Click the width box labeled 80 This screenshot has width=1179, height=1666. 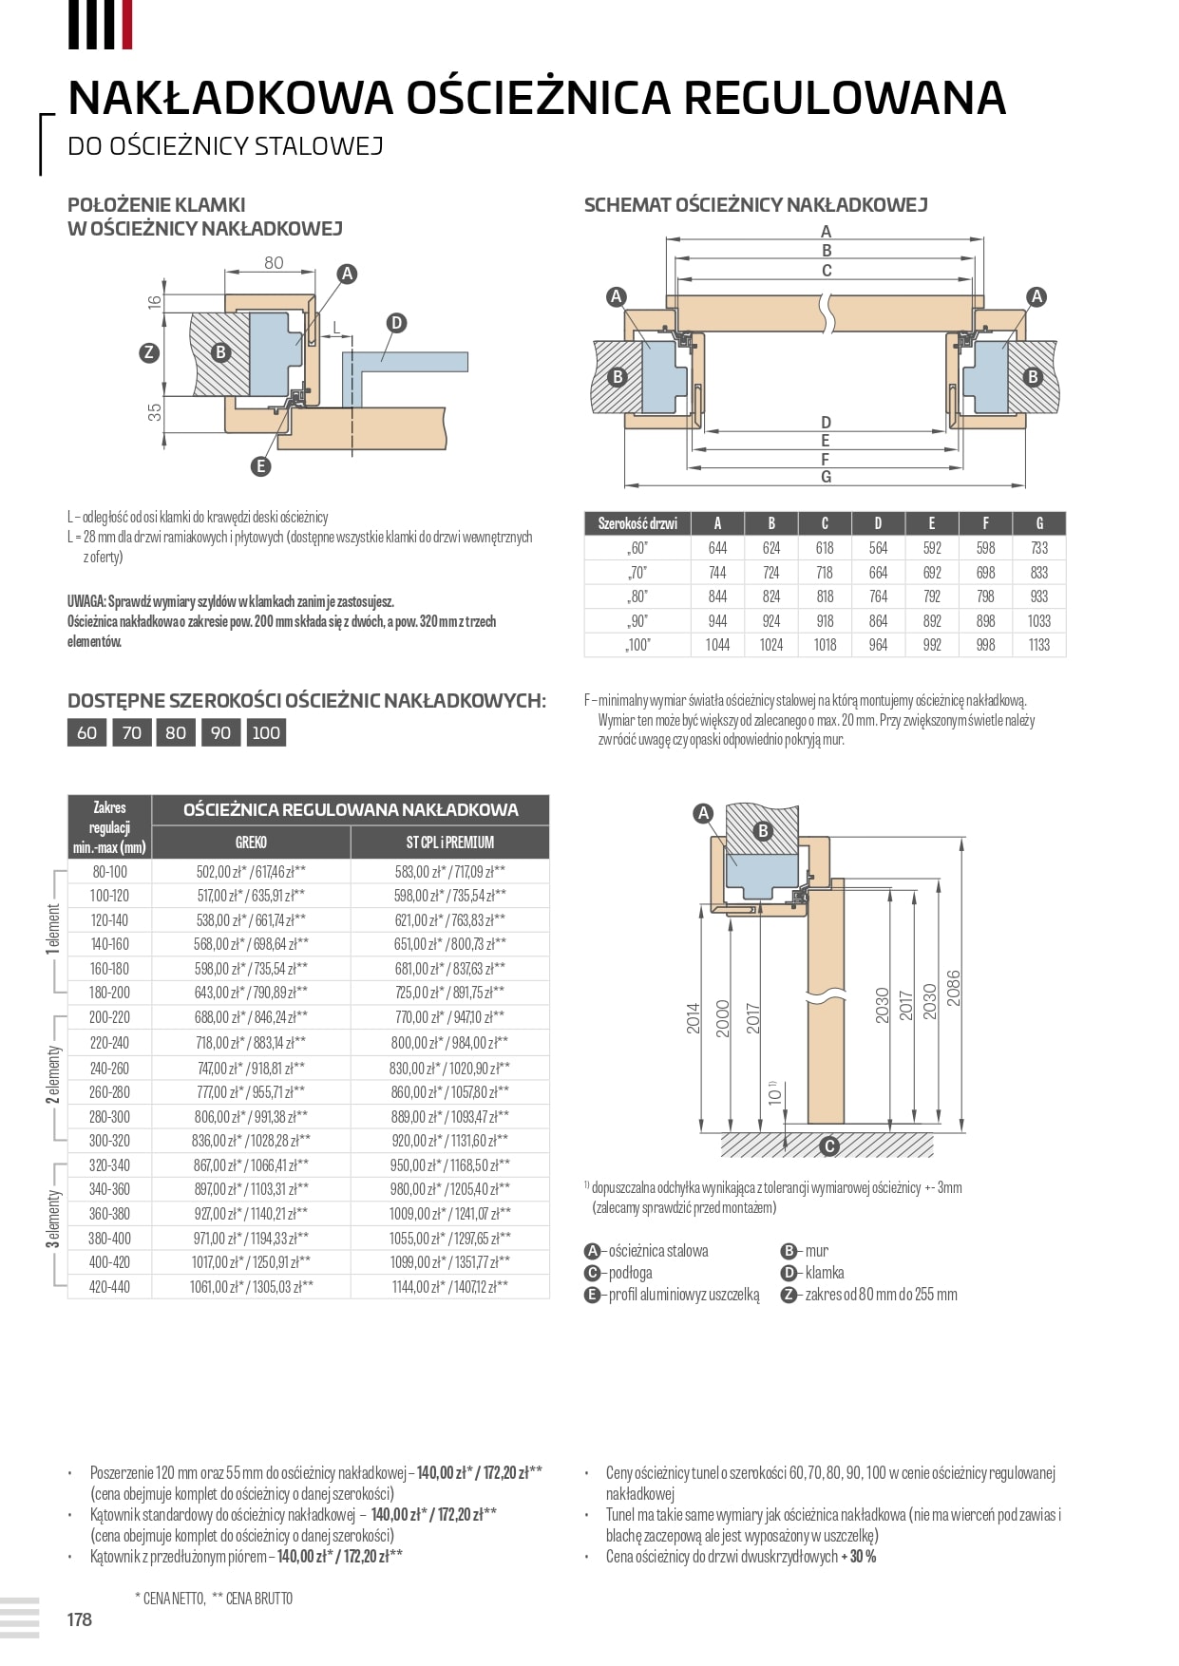[176, 732]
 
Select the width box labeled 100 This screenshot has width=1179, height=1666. [266, 732]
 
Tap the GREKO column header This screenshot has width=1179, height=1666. [251, 842]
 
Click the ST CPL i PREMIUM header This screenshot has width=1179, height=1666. [449, 842]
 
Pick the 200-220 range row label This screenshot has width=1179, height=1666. [109, 1017]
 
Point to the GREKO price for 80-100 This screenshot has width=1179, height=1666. [251, 872]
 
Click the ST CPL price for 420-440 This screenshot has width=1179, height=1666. [449, 1287]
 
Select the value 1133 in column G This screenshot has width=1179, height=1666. [1038, 645]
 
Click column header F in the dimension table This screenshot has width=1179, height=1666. [985, 523]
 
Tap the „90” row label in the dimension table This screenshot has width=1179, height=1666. [637, 621]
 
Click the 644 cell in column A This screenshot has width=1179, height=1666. [717, 548]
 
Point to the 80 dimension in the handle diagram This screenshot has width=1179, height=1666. [274, 263]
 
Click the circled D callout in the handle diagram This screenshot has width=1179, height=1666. [396, 323]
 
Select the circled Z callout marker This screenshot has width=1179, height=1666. [148, 352]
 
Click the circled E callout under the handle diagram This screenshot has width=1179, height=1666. [260, 465]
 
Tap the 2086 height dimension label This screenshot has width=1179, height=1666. [953, 989]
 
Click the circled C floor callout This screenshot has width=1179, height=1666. [829, 1146]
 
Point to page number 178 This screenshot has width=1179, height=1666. [80, 1619]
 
